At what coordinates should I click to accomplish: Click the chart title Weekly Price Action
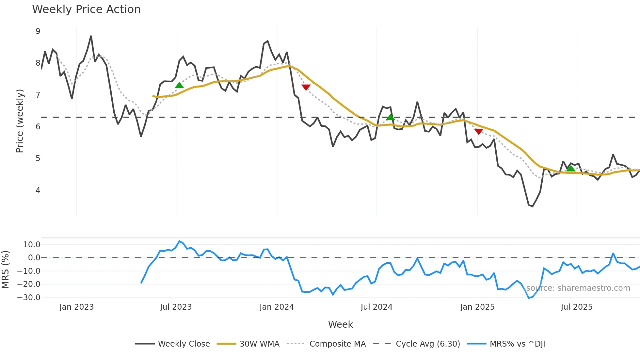tap(86, 9)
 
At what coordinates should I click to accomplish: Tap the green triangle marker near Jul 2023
tap(179, 86)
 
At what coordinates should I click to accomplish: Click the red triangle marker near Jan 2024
tap(306, 87)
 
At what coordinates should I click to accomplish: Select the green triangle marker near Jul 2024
tap(390, 117)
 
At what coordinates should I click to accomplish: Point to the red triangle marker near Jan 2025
tap(479, 131)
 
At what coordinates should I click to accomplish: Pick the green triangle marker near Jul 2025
tap(570, 169)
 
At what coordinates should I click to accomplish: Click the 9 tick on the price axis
tap(38, 31)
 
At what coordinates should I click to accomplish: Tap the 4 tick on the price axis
tap(38, 190)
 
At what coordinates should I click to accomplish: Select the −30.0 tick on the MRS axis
tap(29, 298)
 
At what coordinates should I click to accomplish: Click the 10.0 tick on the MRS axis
tap(32, 245)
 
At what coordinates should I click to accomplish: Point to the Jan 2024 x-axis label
tap(277, 307)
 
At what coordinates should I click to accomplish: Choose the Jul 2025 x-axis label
tap(576, 307)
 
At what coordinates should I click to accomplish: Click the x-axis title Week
tap(340, 324)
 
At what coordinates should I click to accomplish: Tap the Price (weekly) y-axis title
tap(20, 121)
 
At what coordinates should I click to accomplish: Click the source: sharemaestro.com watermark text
tap(578, 288)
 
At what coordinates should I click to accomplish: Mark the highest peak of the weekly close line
tap(91, 36)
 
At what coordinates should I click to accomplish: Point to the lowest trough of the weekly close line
tap(533, 206)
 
